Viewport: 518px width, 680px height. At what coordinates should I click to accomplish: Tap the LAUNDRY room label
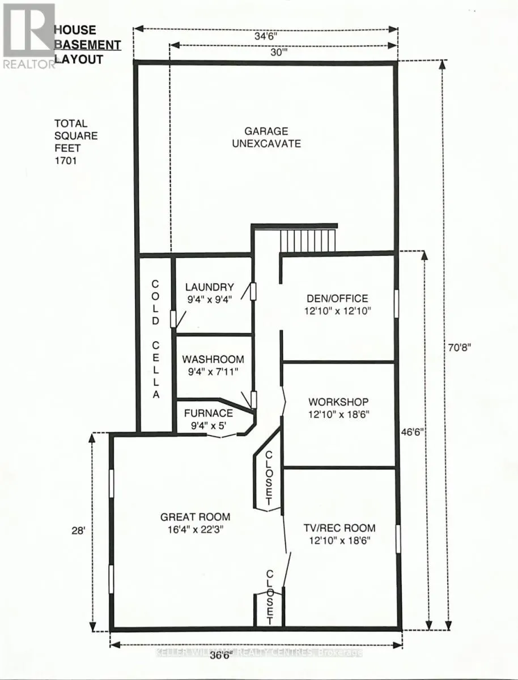coord(209,287)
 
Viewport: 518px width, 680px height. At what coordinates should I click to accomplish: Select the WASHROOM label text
coord(213,359)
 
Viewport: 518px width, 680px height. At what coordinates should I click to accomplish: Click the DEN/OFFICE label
coord(337,299)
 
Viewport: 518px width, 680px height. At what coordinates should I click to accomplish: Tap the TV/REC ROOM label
coord(338,528)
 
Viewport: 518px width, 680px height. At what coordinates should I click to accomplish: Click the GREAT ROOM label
coord(195,517)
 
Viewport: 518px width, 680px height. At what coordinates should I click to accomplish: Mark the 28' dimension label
coord(79,532)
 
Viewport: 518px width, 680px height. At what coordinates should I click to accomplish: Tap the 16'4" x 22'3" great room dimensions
coord(195,529)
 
